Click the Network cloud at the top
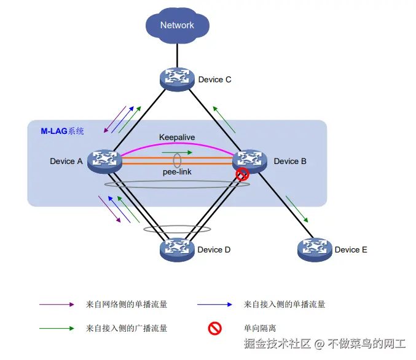177,25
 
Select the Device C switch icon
177,79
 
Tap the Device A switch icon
104,161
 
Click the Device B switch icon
250,161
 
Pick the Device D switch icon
177,249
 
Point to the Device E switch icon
314,249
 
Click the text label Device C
214,80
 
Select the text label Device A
66,162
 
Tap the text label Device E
351,250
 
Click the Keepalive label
177,137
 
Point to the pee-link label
176,172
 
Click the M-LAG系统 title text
63,131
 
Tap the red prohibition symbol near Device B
243,174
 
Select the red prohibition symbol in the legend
214,328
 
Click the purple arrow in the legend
57,304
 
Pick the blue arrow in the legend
214,304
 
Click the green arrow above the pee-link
177,152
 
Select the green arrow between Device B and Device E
297,209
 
